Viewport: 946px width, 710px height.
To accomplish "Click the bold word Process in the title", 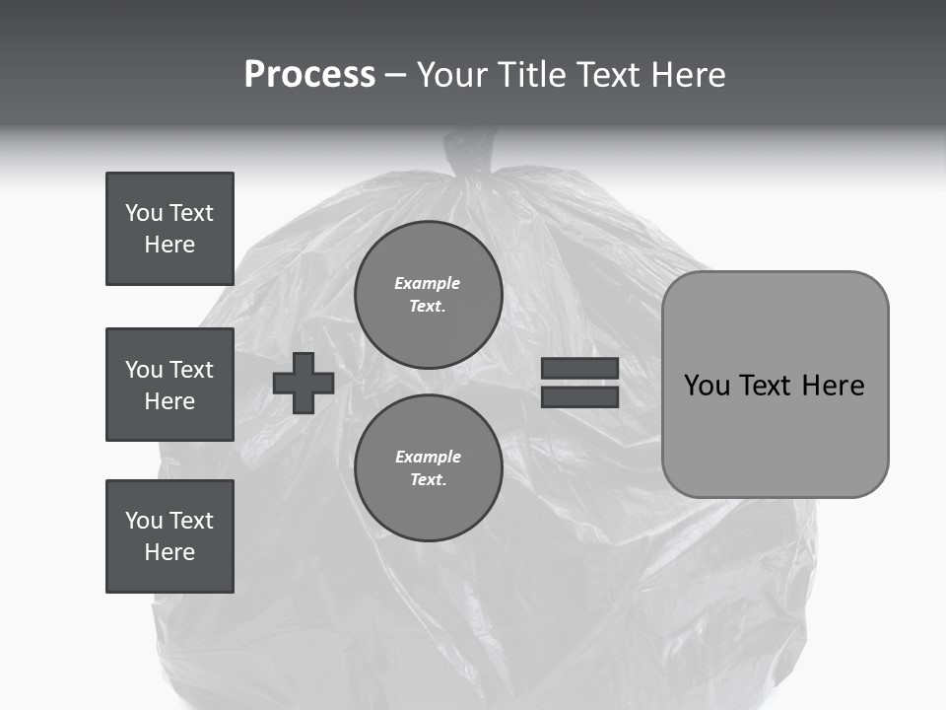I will point(309,75).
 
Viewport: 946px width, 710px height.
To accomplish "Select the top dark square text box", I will point(169,229).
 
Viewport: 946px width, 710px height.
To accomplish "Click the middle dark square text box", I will point(169,385).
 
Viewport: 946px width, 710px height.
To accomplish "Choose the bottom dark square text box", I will point(169,536).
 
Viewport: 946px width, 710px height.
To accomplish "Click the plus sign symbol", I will point(304,384).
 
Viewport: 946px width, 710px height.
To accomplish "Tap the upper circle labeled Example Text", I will point(428,295).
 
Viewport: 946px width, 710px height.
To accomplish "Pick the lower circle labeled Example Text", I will point(428,468).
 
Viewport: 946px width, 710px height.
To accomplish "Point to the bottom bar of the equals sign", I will point(579,396).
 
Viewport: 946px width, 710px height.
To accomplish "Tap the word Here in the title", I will point(689,75).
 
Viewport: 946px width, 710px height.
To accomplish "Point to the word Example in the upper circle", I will point(428,284).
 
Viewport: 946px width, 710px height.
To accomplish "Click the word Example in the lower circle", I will point(428,458).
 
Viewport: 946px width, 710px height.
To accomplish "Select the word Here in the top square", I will point(169,245).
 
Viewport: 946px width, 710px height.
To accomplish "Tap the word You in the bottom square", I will point(144,521).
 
